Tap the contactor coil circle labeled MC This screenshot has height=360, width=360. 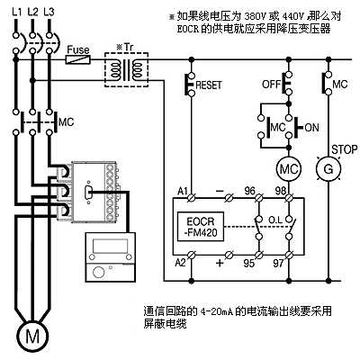coord(289,169)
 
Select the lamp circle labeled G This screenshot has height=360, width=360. coord(328,169)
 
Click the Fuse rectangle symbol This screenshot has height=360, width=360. coord(78,59)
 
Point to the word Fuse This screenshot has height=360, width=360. coord(78,49)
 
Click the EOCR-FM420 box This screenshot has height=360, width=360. coord(201,227)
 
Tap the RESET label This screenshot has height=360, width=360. coord(209,85)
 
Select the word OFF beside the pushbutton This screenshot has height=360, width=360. coord(271,84)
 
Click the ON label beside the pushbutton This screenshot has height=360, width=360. coord(311,128)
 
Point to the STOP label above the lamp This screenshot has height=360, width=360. coord(345,149)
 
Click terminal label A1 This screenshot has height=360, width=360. coord(183,191)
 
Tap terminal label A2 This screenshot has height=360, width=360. coord(180,263)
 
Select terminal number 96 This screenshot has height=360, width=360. coord(249,191)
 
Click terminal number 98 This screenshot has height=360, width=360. coord(281,191)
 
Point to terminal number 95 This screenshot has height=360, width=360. coord(249,263)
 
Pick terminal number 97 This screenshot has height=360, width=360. coord(278,263)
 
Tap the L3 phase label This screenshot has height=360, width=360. coord(49,12)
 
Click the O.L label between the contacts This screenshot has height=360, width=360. coord(275,220)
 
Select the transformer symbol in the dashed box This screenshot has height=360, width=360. coord(126,70)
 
